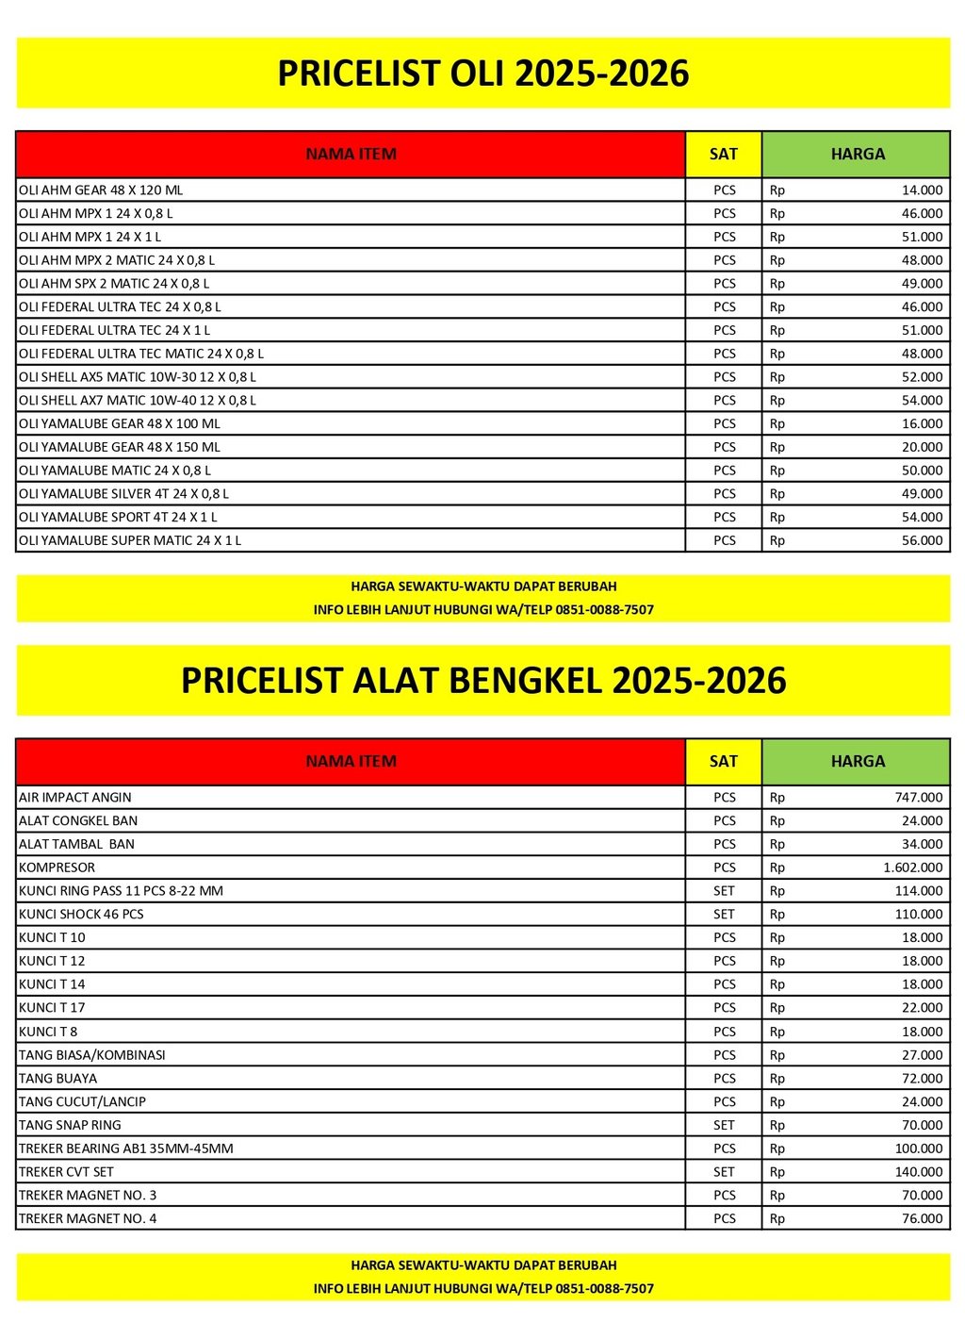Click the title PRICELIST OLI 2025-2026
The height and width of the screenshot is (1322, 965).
(482, 74)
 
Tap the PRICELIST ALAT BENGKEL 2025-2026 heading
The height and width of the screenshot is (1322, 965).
(482, 681)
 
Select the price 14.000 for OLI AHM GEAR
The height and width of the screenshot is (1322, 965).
(922, 190)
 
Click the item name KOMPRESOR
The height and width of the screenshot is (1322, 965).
(57, 868)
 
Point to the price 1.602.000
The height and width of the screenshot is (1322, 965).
(912, 868)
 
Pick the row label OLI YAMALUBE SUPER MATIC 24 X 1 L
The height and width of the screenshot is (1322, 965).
(130, 541)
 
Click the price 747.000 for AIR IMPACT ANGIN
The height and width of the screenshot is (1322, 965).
(918, 798)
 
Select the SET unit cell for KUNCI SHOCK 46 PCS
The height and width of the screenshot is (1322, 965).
(724, 915)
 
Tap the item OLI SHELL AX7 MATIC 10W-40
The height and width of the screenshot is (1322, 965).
(138, 401)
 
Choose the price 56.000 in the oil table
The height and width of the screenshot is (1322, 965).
(922, 541)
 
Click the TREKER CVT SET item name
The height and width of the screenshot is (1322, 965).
(66, 1172)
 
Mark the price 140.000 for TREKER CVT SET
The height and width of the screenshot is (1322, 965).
(918, 1172)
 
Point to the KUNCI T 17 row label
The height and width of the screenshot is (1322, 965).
(52, 1008)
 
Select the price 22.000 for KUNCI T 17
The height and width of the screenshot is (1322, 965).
(922, 1008)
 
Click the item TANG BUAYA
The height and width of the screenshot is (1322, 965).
(58, 1079)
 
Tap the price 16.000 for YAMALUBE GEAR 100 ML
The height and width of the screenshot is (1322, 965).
(922, 424)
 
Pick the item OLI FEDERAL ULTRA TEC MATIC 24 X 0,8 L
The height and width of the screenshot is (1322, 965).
(141, 355)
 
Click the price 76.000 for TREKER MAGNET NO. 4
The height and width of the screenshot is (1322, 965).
(922, 1219)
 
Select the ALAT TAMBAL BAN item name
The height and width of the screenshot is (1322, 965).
(77, 845)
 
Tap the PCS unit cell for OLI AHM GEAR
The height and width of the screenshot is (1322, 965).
(724, 190)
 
